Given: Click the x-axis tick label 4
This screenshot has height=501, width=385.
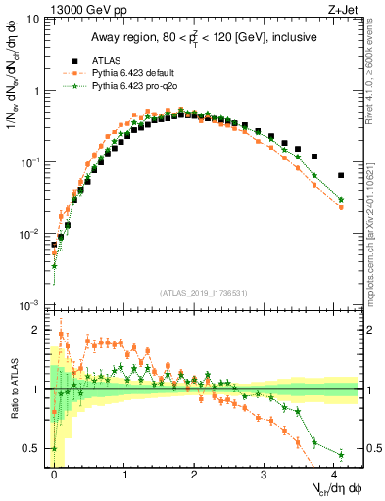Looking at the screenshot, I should tap(333, 475).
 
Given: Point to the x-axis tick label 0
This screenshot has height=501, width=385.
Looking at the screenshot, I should tap(55, 475).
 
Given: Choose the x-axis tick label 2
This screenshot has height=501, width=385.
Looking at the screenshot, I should tap(194, 475).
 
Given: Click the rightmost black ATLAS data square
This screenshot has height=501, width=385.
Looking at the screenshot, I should tap(341, 176).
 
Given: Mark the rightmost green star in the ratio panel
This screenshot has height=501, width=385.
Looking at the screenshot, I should tap(341, 454).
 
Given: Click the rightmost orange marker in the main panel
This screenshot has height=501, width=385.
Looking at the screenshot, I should tap(341, 207).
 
